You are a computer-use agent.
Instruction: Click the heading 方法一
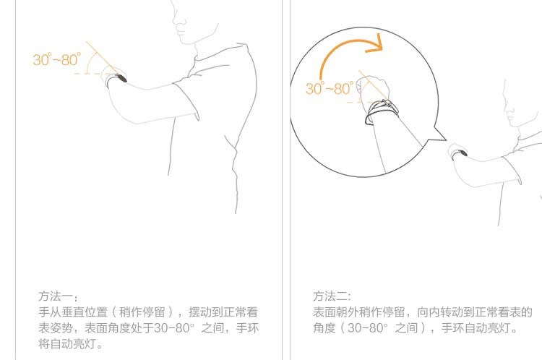point(56,296)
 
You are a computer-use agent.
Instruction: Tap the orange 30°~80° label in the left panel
point(57,59)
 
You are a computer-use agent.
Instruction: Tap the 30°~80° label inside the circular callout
point(330,88)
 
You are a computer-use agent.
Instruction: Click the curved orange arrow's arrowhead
point(376,45)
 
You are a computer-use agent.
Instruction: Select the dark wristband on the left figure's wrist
point(121,78)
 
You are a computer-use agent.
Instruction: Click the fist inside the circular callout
point(374,90)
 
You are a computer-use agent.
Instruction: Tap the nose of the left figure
point(175,18)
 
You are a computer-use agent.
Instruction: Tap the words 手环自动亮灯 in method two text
point(476,327)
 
